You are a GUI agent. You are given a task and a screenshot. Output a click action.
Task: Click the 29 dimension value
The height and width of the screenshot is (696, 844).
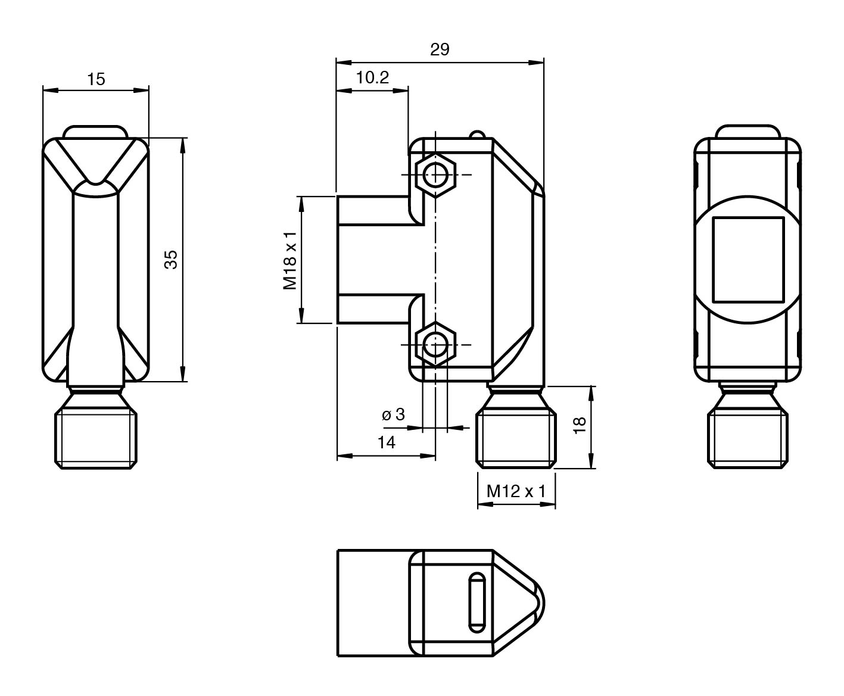(x=440, y=49)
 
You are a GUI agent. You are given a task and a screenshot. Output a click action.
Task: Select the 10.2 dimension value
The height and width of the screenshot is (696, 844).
(x=372, y=77)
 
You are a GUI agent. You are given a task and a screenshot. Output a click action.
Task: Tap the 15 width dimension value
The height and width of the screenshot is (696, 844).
(x=96, y=79)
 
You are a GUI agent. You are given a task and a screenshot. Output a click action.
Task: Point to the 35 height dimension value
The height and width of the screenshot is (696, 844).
(x=171, y=260)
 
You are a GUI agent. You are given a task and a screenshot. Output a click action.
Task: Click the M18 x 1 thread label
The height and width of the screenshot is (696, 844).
(x=290, y=261)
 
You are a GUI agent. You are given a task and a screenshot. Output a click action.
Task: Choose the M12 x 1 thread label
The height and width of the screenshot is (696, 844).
(x=516, y=491)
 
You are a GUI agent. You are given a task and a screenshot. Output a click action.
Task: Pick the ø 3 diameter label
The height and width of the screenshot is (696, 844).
(x=393, y=414)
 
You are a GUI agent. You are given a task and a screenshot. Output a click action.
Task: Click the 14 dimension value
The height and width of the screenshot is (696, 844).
(x=387, y=442)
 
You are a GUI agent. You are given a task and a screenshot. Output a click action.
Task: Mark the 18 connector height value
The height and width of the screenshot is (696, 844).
(x=580, y=425)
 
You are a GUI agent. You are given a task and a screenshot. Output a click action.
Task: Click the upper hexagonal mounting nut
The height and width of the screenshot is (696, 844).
(x=435, y=175)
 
